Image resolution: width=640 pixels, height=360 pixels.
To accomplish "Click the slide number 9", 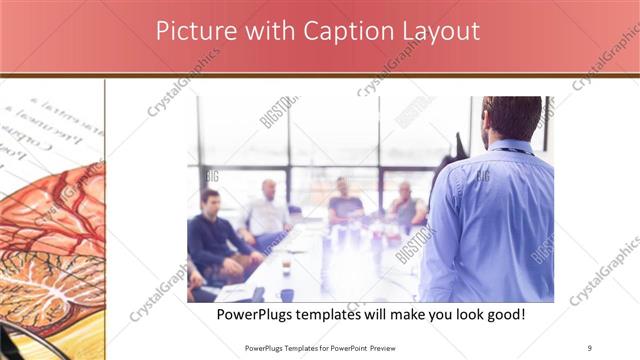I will click(x=590, y=347).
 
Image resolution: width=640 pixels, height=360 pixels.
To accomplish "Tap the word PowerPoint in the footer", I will click(x=340, y=348).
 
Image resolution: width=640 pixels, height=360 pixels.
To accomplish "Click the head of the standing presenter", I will click(x=514, y=117).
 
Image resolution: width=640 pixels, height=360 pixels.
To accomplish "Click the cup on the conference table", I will click(x=285, y=265).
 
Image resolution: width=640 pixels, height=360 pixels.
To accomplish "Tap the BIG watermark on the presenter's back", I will click(x=482, y=176).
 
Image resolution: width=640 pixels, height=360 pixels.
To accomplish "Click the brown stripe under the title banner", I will click(x=320, y=75).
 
